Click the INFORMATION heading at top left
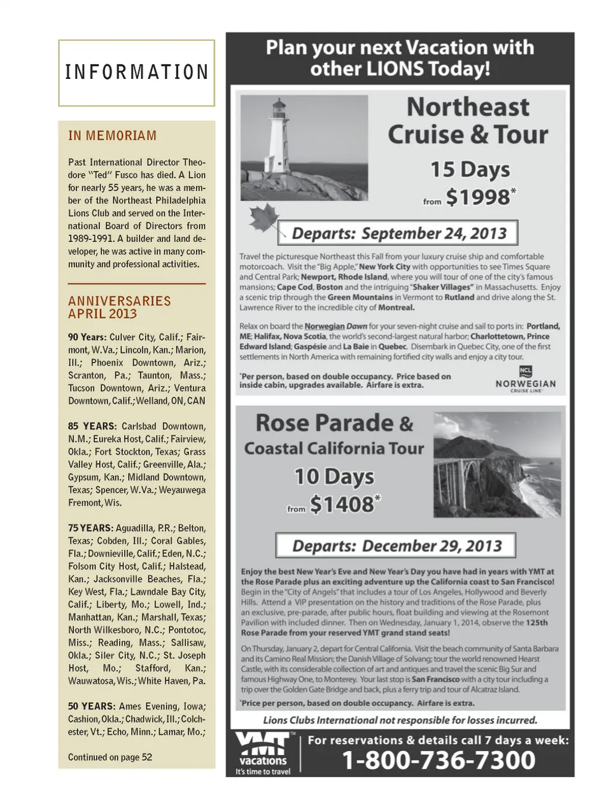(x=136, y=72)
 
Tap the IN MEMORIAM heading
(x=112, y=136)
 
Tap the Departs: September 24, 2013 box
(x=398, y=233)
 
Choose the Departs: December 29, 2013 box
(x=396, y=545)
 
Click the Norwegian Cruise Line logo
(x=525, y=380)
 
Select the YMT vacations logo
(x=262, y=753)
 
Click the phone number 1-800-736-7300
(x=439, y=760)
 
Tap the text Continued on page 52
(x=110, y=757)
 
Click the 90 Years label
(x=87, y=337)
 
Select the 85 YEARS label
(x=92, y=426)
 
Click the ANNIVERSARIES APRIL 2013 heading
(x=120, y=307)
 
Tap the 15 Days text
(x=470, y=169)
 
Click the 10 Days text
(x=334, y=476)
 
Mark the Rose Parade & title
(x=334, y=423)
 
